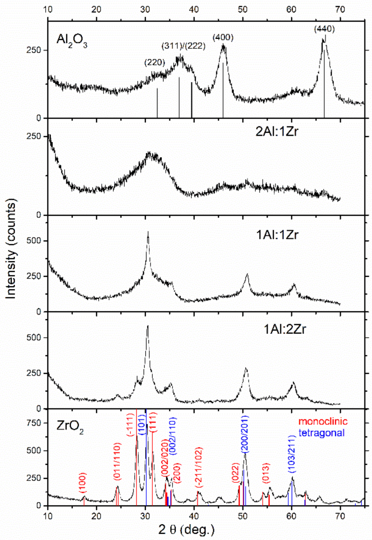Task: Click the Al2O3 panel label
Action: coord(72,40)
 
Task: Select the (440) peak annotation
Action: coord(324,28)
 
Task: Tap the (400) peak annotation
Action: coord(223,37)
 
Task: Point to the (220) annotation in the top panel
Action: coord(155,63)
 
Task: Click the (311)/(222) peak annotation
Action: coord(184,46)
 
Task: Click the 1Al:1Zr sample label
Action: coord(277,235)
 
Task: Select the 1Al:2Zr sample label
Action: coord(284,329)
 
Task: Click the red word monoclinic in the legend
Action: coord(323,421)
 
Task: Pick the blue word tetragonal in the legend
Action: coord(321,433)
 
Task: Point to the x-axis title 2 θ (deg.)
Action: coord(187,530)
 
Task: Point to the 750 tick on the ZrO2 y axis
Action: coord(37,423)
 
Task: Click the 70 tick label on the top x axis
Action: coord(340,9)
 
